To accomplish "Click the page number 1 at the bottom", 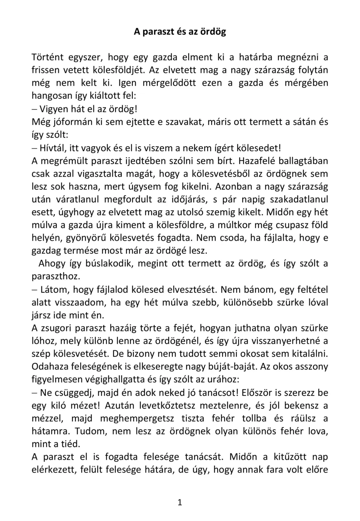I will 180,502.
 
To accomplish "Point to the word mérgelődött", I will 169,83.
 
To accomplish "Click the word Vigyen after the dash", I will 53,109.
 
